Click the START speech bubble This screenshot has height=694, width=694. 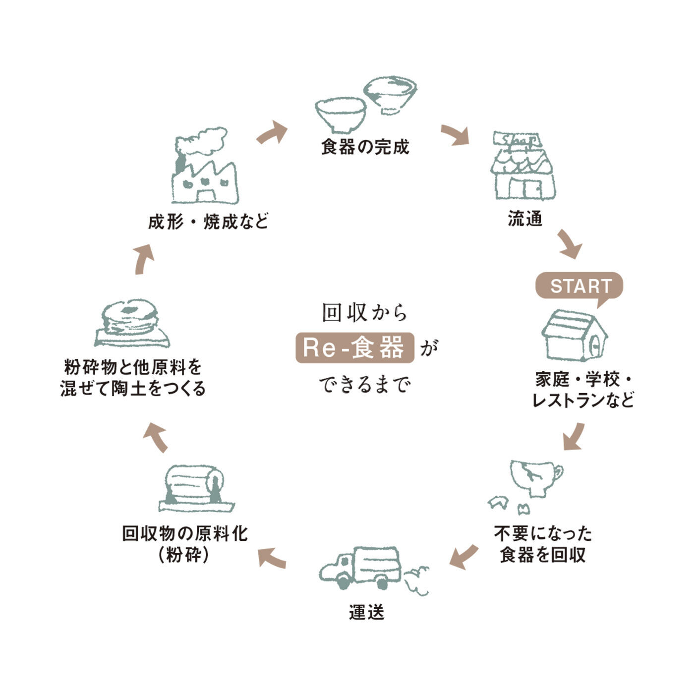click(x=579, y=286)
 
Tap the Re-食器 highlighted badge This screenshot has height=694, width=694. click(x=354, y=347)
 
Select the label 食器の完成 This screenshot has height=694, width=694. click(x=365, y=147)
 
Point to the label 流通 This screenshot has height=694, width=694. click(x=525, y=219)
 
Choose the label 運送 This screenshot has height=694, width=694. click(x=366, y=612)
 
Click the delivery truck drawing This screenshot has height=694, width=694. click(x=361, y=568)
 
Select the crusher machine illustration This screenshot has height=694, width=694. click(x=195, y=488)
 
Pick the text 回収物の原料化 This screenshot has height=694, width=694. click(x=184, y=534)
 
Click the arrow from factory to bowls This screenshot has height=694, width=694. click(x=272, y=133)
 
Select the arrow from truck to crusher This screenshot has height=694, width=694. click(x=272, y=558)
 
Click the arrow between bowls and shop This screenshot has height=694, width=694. click(x=455, y=135)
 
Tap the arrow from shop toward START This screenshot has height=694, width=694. click(x=570, y=244)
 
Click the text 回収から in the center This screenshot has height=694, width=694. click(x=364, y=313)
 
